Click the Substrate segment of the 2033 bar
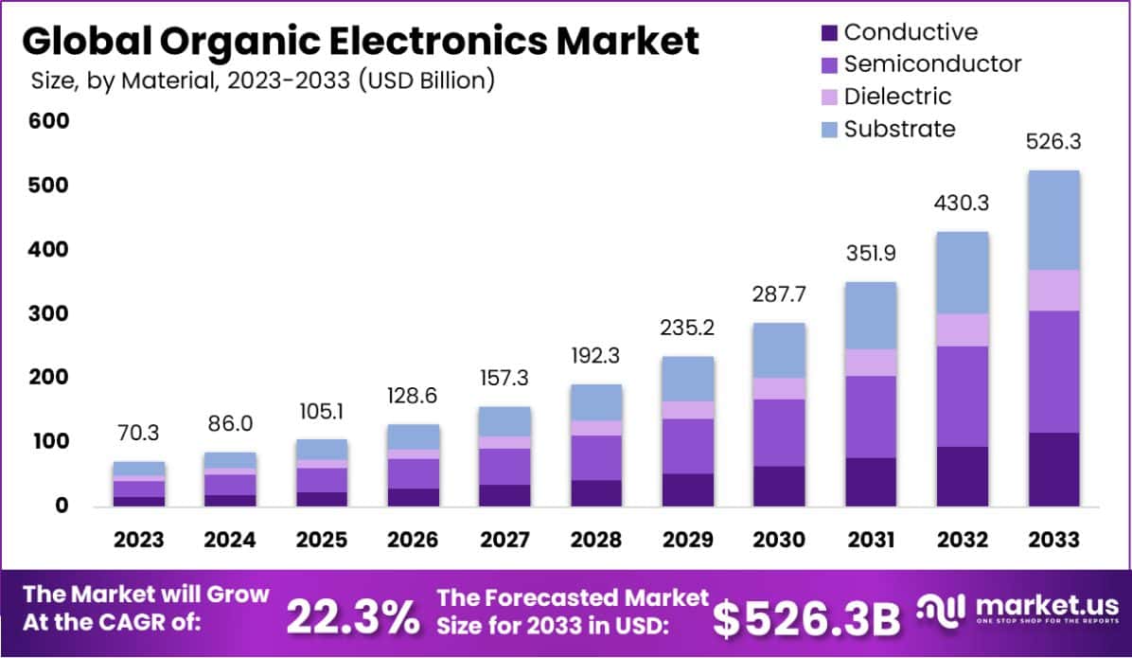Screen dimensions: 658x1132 point(1053,220)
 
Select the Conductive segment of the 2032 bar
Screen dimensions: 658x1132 point(963,475)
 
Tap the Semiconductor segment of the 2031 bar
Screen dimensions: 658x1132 point(871,417)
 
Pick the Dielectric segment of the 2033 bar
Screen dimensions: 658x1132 point(1053,290)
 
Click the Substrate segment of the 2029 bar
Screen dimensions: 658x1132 point(687,379)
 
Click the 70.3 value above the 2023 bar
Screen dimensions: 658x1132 point(138,434)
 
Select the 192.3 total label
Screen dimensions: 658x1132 point(595,356)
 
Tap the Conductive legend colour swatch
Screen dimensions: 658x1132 point(829,33)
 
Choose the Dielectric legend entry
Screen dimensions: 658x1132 point(897,97)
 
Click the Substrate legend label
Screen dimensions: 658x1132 point(899,129)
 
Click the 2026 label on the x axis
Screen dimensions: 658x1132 point(413,540)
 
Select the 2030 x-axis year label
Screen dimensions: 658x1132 point(779,540)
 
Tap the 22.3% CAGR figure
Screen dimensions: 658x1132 point(353,617)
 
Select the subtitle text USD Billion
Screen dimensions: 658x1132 point(426,80)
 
